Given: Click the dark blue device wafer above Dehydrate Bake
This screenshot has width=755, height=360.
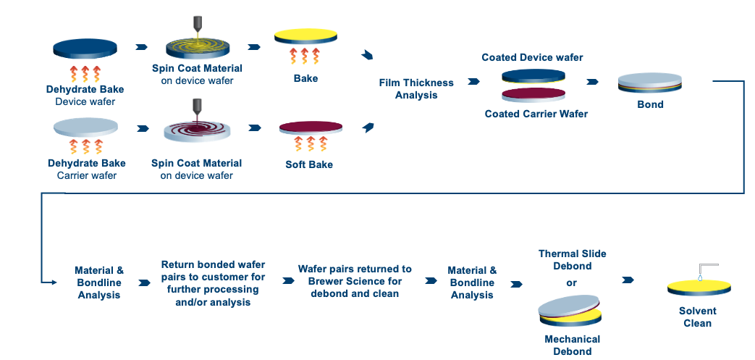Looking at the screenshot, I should (x=85, y=49).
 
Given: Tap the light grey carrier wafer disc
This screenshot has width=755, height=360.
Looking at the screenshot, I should (x=85, y=127).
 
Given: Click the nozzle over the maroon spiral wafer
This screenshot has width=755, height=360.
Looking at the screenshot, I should (x=197, y=110).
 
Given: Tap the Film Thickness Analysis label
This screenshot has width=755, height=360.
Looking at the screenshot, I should (x=416, y=89).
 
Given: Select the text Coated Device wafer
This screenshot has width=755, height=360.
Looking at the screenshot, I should (x=532, y=57).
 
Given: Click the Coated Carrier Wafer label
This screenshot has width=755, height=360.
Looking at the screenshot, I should (x=536, y=114).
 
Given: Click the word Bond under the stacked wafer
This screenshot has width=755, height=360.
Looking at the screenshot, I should (x=651, y=104).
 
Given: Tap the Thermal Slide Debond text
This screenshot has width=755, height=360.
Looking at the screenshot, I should (x=572, y=260).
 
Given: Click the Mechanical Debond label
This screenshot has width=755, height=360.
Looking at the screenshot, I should (x=572, y=345).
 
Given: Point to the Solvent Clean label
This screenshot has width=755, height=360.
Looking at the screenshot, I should (x=698, y=317).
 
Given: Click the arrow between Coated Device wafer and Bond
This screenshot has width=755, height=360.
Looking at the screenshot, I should (x=592, y=82).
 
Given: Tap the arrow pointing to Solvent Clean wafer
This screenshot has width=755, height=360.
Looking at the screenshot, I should (x=628, y=280).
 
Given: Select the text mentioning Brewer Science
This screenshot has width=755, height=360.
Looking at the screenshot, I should (x=355, y=281).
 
